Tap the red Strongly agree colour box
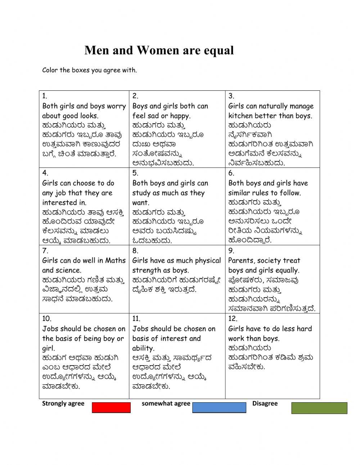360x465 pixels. click(x=111, y=407)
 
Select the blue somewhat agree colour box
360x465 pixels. click(x=219, y=407)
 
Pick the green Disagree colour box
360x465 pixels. click(x=319, y=408)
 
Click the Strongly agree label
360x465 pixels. click(x=63, y=403)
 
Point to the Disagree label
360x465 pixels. click(x=265, y=403)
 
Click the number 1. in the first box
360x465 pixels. click(x=45, y=96)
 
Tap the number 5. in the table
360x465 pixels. click(x=135, y=173)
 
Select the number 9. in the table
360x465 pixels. click(x=231, y=251)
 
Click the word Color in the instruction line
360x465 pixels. click(x=50, y=70)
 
